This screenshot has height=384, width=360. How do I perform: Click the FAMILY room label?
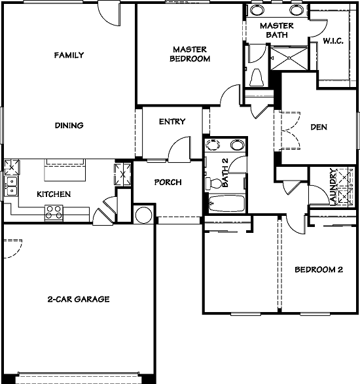[69, 56]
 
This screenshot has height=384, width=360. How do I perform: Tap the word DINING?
[68, 126]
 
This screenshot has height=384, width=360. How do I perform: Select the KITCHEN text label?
[54, 194]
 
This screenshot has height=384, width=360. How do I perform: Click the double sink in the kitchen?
[10, 186]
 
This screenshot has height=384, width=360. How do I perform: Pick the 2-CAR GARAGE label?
[78, 300]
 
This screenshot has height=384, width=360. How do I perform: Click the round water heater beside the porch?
[143, 213]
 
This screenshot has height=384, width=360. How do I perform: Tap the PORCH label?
[168, 183]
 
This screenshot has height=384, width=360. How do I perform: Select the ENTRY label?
[172, 122]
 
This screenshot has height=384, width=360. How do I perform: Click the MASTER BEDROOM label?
[191, 54]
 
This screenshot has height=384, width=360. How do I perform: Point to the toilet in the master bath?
[256, 77]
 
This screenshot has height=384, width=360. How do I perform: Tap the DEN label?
[319, 128]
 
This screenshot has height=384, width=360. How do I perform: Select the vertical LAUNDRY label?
[334, 187]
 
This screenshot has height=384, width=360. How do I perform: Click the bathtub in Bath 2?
[225, 204]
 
